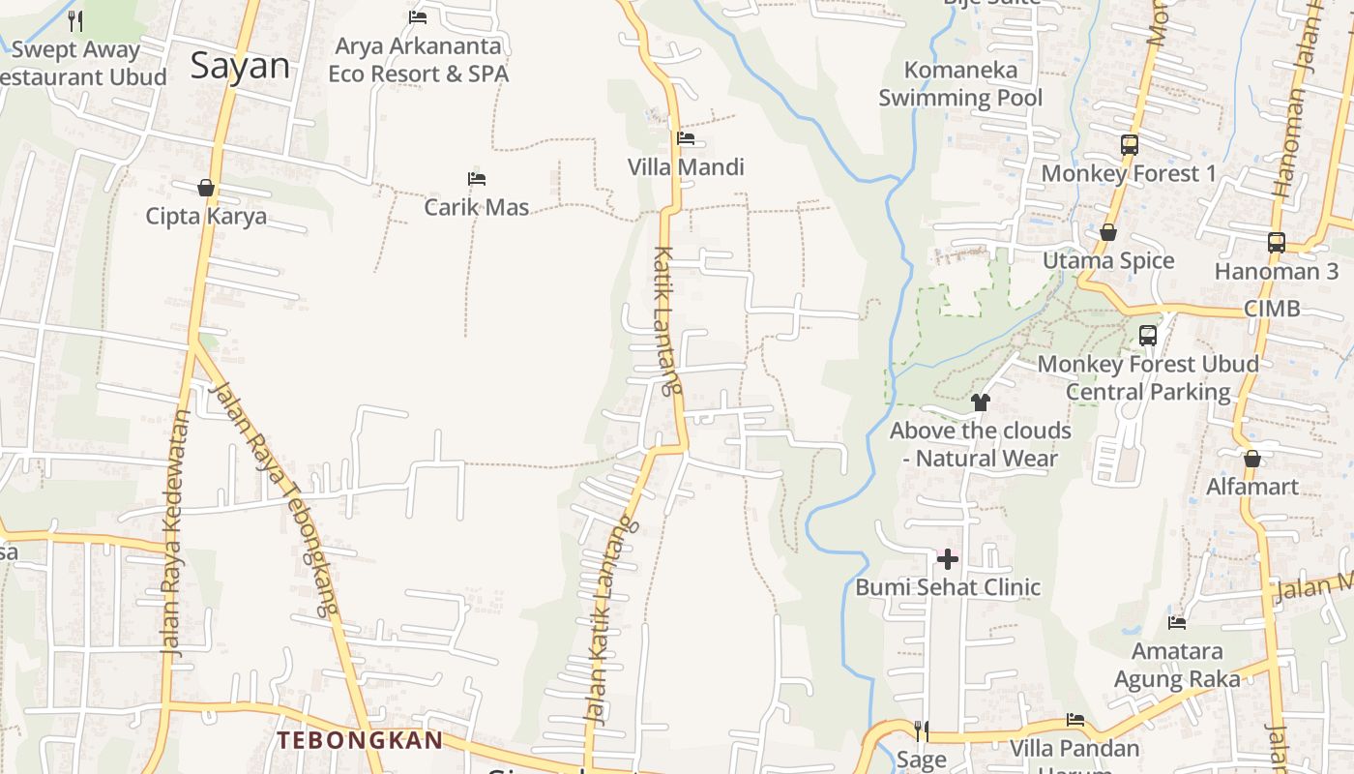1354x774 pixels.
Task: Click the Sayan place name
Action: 240,66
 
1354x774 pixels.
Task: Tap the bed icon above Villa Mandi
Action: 686,138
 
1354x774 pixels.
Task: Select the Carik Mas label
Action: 477,207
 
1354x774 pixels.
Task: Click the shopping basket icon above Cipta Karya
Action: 206,187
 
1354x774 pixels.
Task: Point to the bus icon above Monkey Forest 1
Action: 1129,145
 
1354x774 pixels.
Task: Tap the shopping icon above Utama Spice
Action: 1108,232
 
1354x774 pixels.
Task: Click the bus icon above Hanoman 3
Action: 1277,243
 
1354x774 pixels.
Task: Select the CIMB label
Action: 1272,309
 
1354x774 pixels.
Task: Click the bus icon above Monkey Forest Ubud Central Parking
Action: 1148,336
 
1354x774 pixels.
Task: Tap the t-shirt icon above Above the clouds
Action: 981,402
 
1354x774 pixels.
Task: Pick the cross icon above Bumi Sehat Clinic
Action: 948,558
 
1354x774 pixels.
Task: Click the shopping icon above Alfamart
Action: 1252,458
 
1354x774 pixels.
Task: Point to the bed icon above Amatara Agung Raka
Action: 1177,623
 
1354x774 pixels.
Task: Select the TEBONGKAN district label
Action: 360,741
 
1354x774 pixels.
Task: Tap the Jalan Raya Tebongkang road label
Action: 276,498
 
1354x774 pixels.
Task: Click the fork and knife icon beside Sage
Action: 922,729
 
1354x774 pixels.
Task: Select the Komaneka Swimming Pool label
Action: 960,83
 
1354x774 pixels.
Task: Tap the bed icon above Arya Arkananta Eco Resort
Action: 418,16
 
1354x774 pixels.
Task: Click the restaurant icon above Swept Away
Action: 75,20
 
